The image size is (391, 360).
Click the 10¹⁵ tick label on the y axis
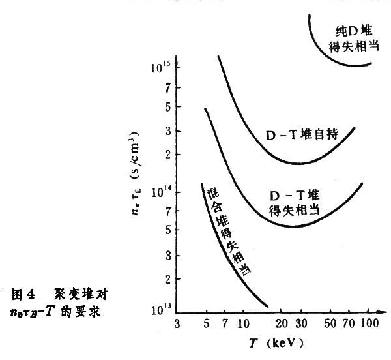[160, 67]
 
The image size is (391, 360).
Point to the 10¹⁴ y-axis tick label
[160, 192]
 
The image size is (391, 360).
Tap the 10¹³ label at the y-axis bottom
[161, 309]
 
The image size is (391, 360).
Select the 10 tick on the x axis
[242, 324]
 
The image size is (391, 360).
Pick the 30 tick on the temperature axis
[301, 324]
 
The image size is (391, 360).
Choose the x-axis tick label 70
[351, 324]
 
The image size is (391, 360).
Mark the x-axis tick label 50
[332, 324]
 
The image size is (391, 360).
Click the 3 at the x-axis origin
[178, 324]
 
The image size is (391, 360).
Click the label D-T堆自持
[302, 136]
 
